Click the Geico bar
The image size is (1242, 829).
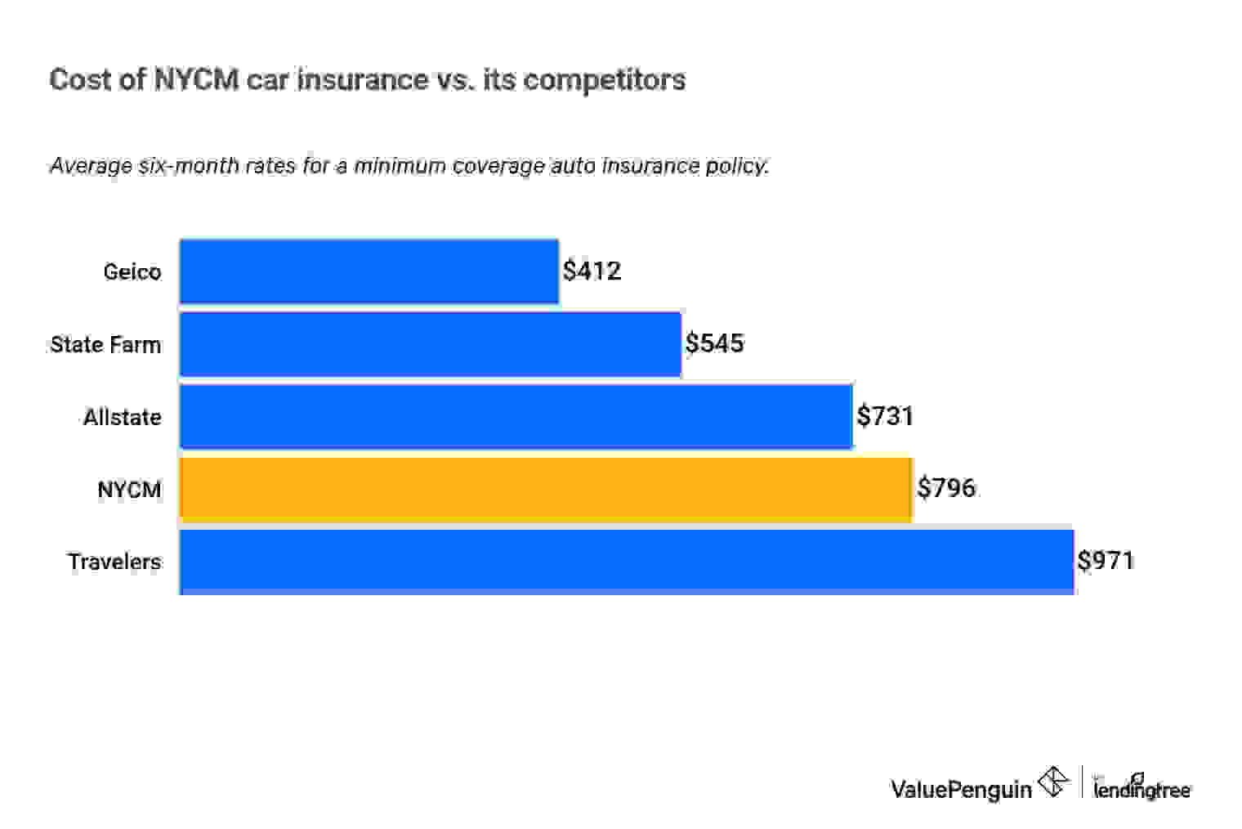tap(369, 271)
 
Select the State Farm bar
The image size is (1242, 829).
tap(430, 344)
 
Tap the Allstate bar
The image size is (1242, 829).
tap(516, 416)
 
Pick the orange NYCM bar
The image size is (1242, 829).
tap(545, 489)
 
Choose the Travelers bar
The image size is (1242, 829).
tap(626, 562)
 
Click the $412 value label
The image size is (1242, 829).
tap(592, 271)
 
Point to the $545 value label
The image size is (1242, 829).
tap(714, 343)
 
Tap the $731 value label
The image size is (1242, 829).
tap(885, 416)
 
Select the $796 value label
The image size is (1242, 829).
tap(946, 488)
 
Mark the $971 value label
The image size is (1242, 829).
tap(1106, 561)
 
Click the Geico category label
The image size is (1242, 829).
tap(132, 271)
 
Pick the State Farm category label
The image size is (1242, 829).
tap(105, 344)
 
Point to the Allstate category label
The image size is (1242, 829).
tap(123, 417)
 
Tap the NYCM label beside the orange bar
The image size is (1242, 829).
tap(129, 490)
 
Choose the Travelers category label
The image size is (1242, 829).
tap(114, 562)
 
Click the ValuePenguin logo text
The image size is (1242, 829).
tap(961, 789)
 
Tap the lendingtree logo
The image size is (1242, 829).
tap(1141, 787)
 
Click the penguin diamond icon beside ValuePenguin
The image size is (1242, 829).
tap(1053, 782)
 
